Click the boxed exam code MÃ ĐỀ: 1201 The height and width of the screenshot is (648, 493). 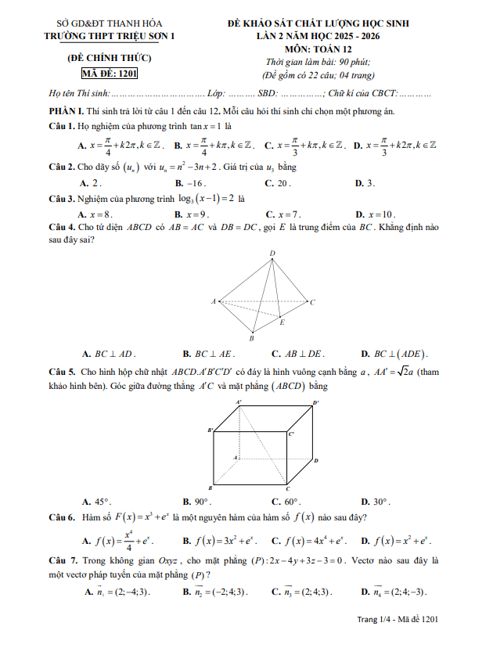(x=104, y=75)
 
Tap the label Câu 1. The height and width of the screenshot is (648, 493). (x=61, y=126)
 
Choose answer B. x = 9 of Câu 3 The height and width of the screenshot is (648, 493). (x=191, y=214)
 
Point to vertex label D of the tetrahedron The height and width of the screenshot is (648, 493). (x=272, y=254)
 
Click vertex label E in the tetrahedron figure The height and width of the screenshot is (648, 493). (x=282, y=322)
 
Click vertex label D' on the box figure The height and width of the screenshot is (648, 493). (x=315, y=402)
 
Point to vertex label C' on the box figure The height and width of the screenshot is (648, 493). (x=291, y=433)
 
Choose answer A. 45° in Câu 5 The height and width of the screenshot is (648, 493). (x=97, y=502)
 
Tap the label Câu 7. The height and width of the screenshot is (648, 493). (x=62, y=561)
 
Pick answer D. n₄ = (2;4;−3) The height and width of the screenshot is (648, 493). (x=396, y=591)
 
